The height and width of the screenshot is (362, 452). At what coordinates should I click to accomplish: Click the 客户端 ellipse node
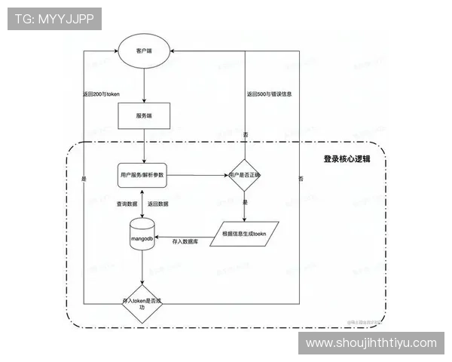[x=143, y=51]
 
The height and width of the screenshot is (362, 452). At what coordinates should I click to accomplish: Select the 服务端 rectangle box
[x=143, y=115]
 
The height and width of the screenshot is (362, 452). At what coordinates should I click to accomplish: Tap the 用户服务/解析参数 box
[x=142, y=175]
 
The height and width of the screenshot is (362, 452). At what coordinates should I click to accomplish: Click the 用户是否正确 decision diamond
[x=245, y=175]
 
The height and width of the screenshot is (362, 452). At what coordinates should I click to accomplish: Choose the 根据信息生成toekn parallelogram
[x=246, y=235]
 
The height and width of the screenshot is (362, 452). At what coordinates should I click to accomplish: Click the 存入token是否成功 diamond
[x=142, y=302]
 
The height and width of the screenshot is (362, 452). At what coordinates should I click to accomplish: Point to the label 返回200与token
[x=102, y=94]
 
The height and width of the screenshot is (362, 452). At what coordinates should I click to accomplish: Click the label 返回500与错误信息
[x=270, y=94]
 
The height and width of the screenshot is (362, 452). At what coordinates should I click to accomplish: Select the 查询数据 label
[x=127, y=204]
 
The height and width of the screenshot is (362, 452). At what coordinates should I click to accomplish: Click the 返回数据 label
[x=159, y=204]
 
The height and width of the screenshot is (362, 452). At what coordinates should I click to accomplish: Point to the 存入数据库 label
[x=185, y=241]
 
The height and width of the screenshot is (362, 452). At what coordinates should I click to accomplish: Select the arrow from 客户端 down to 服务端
[x=143, y=84]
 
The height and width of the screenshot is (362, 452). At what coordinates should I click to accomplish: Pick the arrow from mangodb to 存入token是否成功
[x=142, y=268]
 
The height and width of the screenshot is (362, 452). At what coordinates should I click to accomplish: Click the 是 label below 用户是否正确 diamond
[x=246, y=204]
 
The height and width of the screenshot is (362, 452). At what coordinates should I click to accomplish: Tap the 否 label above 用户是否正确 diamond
[x=246, y=134]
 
